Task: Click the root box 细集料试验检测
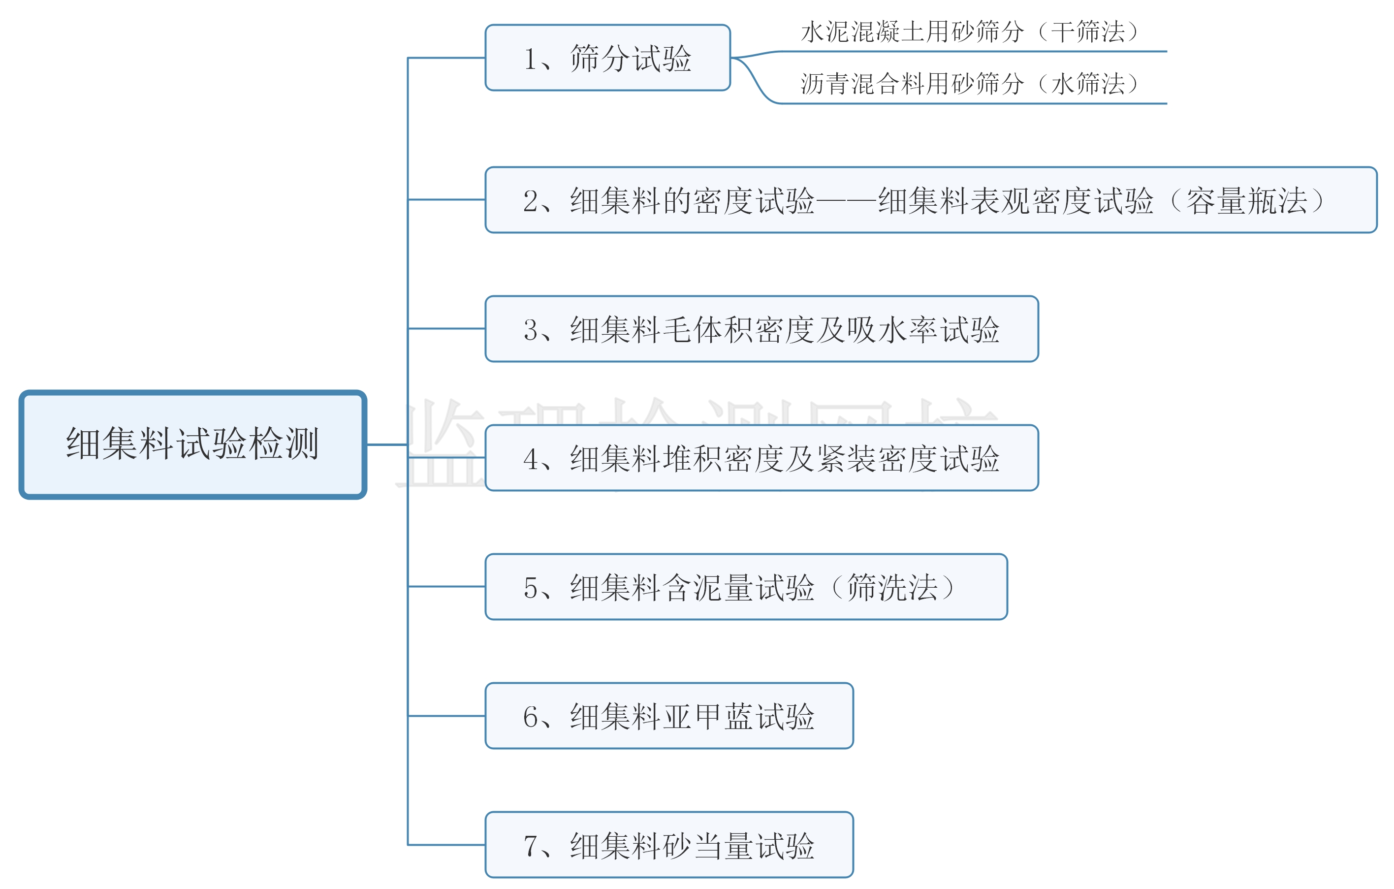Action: pos(193,444)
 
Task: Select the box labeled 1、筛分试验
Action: pos(607,58)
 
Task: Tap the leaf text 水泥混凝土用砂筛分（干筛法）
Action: pos(970,32)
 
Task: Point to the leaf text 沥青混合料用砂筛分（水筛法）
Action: pos(970,84)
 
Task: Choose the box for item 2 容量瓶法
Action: pos(930,200)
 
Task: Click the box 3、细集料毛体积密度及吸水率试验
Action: pos(761,329)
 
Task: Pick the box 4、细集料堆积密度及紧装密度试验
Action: pos(761,458)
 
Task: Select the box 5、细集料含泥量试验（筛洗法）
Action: pos(746,587)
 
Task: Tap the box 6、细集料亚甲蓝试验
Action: pos(668,717)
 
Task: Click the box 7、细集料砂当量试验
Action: pos(668,846)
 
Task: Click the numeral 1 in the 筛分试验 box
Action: pos(530,59)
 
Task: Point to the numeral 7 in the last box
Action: pos(530,846)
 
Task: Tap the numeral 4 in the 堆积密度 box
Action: pos(530,459)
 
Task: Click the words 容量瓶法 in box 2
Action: pos(1247,201)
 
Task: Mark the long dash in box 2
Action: pos(846,201)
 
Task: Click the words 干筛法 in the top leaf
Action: pos(1088,32)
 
